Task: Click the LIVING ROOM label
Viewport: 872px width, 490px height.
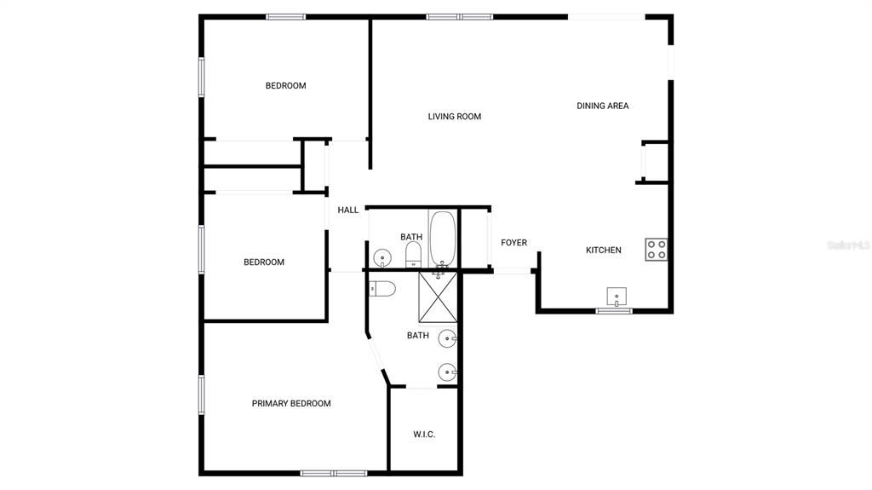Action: (x=454, y=117)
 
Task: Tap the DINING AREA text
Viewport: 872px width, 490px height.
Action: (x=602, y=106)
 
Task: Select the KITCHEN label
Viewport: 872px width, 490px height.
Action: (x=603, y=251)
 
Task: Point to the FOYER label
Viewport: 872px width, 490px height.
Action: (x=513, y=243)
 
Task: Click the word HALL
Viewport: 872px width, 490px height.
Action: (x=347, y=210)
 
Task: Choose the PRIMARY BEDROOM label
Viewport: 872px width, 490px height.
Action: (x=290, y=403)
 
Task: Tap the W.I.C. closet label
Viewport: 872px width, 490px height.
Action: (x=424, y=435)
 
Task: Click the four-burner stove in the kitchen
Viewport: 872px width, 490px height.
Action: (x=656, y=249)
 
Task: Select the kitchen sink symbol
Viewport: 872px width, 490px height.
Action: (x=617, y=297)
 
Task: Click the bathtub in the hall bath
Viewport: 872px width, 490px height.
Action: (x=442, y=238)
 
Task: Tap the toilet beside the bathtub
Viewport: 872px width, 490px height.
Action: (x=414, y=253)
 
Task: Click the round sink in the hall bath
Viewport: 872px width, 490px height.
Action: (x=382, y=257)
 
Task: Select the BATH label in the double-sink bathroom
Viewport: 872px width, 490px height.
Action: (x=417, y=336)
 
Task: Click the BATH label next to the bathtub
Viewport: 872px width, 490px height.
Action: (x=411, y=237)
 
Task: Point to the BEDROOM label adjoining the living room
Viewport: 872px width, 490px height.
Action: (x=285, y=85)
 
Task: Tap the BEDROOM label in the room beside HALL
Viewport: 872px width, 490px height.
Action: (x=264, y=262)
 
